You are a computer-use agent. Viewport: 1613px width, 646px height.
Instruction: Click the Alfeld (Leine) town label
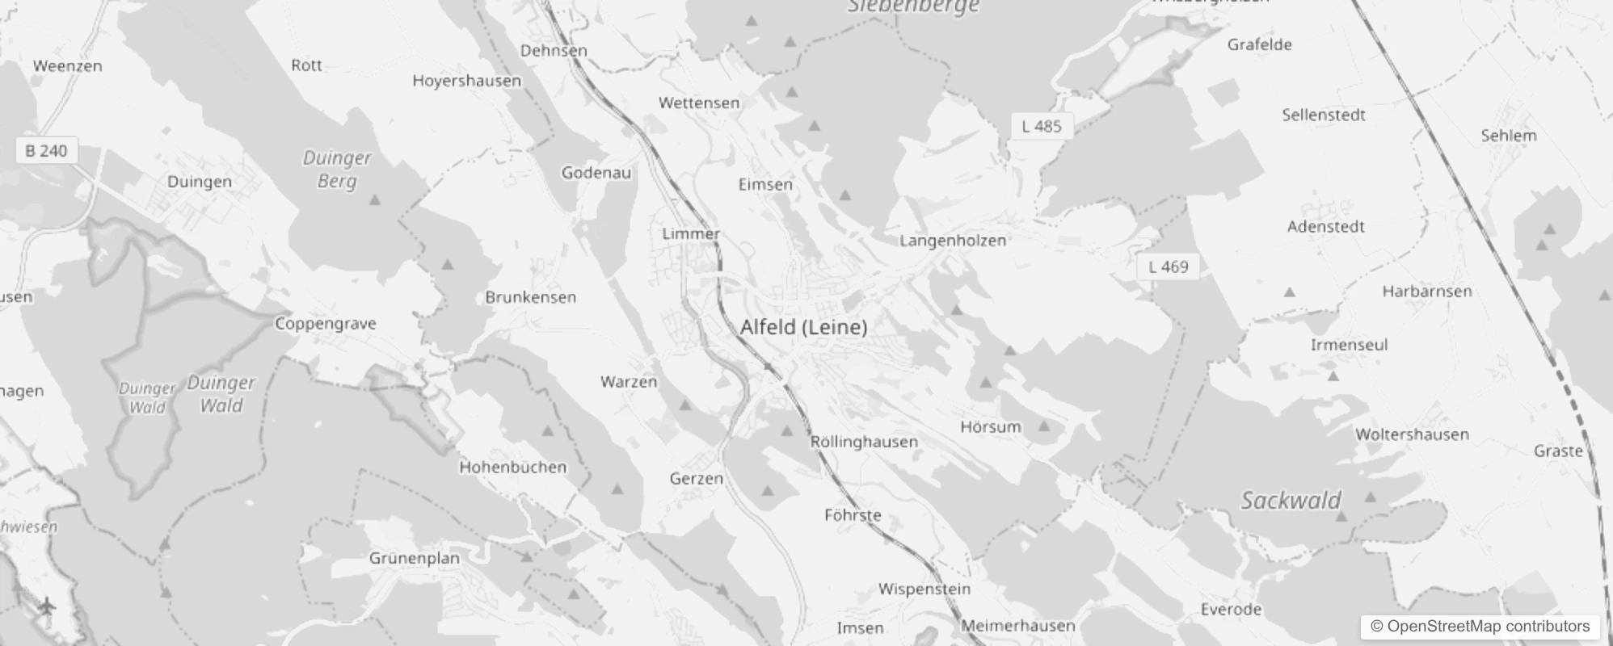click(803, 327)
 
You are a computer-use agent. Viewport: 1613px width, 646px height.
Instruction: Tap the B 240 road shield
click(47, 151)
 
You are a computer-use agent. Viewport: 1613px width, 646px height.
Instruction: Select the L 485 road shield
click(1042, 126)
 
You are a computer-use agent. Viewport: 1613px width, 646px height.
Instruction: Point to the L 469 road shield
click(1169, 266)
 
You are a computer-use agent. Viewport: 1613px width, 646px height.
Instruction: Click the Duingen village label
click(200, 182)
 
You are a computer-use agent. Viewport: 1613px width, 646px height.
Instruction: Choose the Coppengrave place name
click(326, 324)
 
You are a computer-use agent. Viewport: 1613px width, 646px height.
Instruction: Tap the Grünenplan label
click(414, 558)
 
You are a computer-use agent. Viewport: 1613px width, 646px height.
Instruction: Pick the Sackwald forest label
click(1291, 501)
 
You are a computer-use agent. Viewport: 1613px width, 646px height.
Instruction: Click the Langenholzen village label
click(953, 241)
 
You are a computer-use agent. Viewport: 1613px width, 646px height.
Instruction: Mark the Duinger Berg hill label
click(337, 169)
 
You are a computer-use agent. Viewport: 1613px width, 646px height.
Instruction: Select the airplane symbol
click(46, 605)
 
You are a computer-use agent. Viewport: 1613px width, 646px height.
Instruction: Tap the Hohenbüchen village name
click(512, 468)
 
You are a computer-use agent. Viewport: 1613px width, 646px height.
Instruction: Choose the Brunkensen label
click(530, 297)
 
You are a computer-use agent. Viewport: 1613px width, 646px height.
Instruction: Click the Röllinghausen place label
click(864, 442)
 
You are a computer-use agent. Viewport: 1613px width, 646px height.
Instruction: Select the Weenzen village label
click(68, 66)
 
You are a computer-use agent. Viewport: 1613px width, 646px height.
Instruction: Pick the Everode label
click(1231, 610)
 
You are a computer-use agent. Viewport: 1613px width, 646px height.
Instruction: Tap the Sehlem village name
click(1508, 136)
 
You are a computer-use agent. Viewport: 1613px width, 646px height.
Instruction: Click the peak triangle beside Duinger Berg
click(374, 199)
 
